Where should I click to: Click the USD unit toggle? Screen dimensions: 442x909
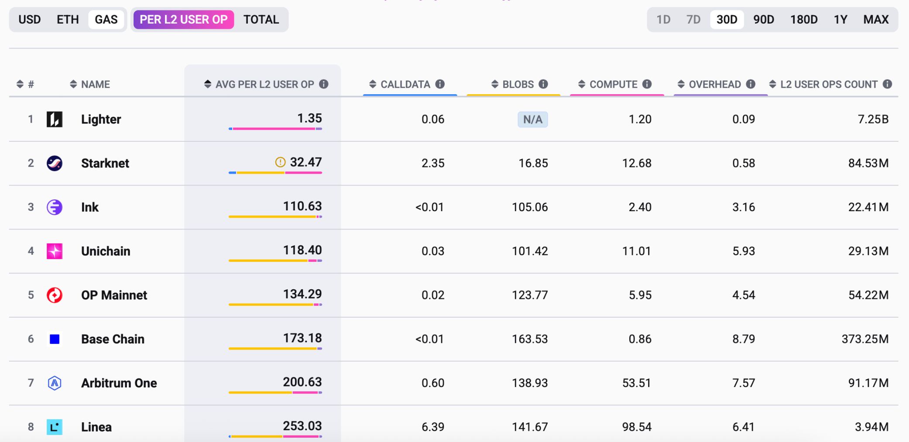(29, 20)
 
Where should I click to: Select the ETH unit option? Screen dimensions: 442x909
(68, 20)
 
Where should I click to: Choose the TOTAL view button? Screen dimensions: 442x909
(261, 20)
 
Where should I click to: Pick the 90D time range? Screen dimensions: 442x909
(764, 20)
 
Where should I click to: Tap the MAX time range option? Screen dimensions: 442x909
(876, 20)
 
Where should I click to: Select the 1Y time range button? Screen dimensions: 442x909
(840, 20)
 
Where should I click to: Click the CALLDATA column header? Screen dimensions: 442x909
(405, 84)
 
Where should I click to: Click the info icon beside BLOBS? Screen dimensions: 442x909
(543, 84)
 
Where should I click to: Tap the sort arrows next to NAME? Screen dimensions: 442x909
(73, 84)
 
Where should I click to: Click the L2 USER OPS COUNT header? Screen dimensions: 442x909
(829, 84)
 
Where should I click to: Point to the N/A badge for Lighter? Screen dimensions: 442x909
(532, 120)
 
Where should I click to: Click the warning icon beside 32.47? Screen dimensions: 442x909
(280, 162)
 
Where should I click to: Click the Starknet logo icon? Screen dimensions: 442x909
(55, 163)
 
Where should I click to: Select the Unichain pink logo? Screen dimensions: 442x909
(55, 251)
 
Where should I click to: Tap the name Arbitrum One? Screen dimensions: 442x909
(119, 383)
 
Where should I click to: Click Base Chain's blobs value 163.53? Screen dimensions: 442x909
(529, 339)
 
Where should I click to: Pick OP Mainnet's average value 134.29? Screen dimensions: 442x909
(302, 294)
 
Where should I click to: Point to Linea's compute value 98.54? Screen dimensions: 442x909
(636, 427)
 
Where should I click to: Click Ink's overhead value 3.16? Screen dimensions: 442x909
(743, 207)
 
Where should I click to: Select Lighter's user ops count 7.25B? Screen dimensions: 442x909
(873, 120)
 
